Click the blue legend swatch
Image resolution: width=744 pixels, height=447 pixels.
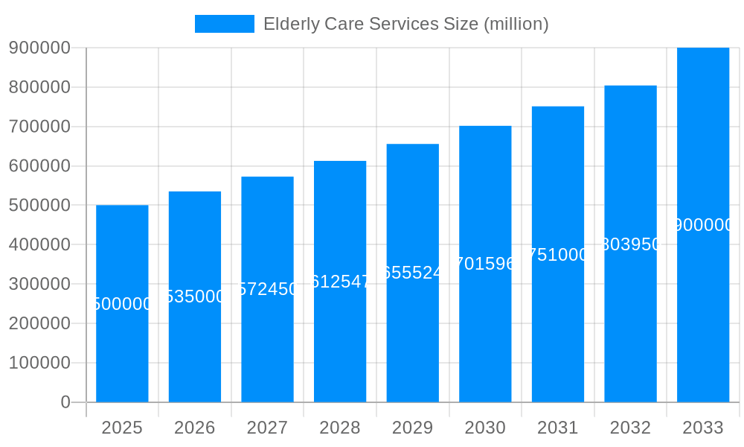(224, 24)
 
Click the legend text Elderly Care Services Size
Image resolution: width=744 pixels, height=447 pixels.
(405, 24)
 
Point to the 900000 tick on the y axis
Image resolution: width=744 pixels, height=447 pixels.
(39, 48)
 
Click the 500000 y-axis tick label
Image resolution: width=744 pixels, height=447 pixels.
(39, 206)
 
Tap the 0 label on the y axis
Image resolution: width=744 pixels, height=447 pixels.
(65, 402)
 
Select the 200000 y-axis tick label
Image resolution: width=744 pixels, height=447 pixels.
(39, 323)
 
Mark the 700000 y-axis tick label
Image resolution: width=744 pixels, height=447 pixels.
(39, 127)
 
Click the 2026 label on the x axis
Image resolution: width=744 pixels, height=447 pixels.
(195, 428)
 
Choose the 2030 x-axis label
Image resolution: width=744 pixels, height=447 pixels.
(485, 428)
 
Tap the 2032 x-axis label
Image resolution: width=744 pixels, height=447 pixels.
(630, 428)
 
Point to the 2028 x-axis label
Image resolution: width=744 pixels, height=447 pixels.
(340, 428)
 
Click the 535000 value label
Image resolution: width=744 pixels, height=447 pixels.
(195, 297)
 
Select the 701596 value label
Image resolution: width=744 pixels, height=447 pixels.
(485, 264)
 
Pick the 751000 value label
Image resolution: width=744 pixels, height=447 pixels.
(558, 255)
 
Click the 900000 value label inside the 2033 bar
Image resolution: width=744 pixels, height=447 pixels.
(703, 225)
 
